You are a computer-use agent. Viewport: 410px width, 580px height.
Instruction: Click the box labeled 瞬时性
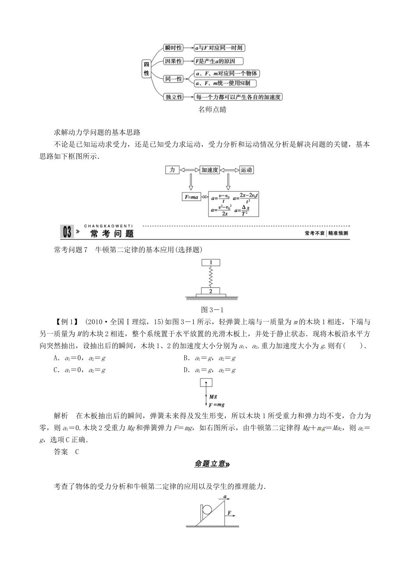click(173, 48)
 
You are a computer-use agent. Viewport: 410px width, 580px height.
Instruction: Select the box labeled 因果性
click(173, 61)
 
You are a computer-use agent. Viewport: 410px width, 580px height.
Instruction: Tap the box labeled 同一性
click(173, 79)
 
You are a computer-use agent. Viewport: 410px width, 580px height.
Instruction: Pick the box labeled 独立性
click(173, 97)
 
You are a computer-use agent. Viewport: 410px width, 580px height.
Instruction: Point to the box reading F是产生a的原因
click(218, 61)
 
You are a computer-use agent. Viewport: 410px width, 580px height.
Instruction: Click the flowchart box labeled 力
click(172, 170)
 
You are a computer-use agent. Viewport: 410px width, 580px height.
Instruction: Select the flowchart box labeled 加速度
click(210, 170)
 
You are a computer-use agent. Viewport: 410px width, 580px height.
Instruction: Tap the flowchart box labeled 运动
click(246, 170)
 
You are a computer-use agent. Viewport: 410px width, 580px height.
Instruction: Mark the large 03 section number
click(67, 233)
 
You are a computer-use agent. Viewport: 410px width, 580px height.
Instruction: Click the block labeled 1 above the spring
click(211, 262)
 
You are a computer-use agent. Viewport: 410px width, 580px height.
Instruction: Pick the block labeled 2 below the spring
click(211, 291)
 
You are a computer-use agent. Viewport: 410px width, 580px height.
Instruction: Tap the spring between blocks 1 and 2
click(211, 276)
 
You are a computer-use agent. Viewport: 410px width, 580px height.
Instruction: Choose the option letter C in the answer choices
click(56, 370)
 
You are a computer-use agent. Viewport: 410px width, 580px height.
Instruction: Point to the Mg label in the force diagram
click(213, 396)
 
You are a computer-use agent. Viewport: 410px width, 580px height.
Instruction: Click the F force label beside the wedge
click(230, 513)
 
